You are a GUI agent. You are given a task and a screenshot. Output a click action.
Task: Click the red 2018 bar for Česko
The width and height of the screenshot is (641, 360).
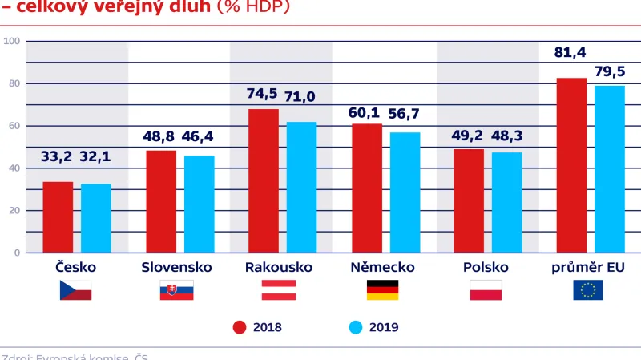[x=58, y=217]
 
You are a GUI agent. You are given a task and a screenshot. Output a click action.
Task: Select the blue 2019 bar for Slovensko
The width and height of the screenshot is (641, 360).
[x=200, y=204]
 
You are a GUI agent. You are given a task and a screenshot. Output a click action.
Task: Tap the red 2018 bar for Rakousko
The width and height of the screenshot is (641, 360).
[x=264, y=181]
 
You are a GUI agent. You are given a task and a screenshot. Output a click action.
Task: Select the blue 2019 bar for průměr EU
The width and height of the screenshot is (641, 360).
[x=610, y=169]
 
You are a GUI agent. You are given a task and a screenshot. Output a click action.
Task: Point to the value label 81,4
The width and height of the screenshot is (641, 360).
[x=570, y=54]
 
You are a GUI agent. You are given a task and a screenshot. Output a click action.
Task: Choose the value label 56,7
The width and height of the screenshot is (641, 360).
[x=405, y=113]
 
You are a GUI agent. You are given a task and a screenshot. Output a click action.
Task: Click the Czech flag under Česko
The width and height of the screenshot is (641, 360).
[x=76, y=290]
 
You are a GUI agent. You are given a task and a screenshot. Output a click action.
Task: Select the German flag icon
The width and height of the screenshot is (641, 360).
[x=382, y=290]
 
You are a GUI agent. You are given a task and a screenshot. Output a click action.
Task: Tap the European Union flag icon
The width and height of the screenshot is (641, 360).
[x=588, y=290]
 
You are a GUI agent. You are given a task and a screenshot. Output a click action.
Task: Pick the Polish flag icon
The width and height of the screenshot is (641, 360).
[x=486, y=290]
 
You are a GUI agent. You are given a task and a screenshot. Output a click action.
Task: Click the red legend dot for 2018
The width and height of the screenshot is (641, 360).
[x=239, y=326]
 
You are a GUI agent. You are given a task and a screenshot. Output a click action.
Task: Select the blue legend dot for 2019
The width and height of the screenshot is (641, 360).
[x=357, y=326]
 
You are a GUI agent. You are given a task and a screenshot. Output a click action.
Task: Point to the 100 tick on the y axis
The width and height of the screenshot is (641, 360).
[x=11, y=41]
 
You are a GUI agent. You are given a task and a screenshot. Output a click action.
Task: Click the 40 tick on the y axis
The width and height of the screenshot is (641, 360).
[x=14, y=168]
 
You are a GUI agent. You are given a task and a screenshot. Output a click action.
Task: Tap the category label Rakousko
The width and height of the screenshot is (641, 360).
[x=279, y=267]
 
